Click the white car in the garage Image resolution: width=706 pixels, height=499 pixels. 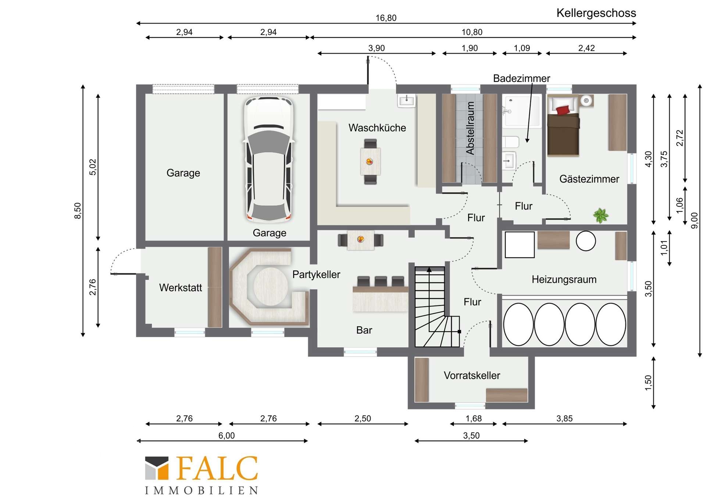269,160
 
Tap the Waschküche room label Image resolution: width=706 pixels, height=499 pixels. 377,128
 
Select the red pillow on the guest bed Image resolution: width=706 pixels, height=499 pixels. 563,110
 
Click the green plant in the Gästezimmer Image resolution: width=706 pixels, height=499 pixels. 600,215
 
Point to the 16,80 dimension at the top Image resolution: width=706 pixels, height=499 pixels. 386,18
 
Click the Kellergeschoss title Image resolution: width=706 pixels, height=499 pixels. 596,13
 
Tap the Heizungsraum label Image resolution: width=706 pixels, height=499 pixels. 564,279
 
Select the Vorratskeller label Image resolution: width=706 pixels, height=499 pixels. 472,375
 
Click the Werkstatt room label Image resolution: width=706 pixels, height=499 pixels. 181,288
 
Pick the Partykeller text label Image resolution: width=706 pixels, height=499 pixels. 316,274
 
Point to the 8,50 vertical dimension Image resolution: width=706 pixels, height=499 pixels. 78,211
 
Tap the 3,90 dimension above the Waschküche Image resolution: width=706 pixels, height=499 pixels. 377,48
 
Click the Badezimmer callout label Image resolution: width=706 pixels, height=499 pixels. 521,78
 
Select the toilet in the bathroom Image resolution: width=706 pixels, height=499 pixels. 511,142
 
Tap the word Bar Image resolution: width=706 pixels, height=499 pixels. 364,330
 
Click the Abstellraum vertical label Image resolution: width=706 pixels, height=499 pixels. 470,128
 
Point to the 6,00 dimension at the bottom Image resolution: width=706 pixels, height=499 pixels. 227,436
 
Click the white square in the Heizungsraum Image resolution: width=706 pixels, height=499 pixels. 520,245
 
